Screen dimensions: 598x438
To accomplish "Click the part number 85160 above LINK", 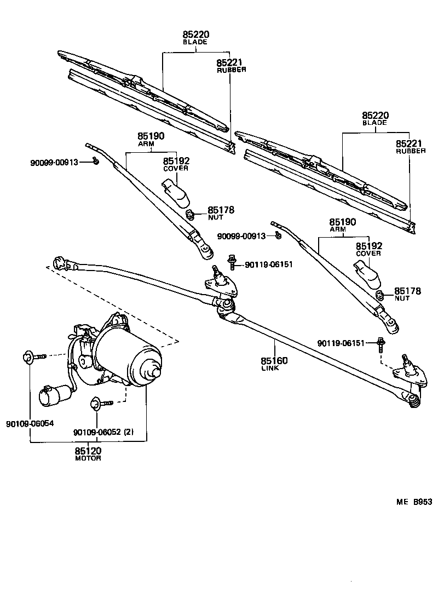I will point(274,361).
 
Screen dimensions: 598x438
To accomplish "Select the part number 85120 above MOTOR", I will point(88,450).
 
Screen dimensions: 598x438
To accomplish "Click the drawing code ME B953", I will point(414,502).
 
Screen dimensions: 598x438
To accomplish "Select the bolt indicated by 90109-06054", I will point(33,358).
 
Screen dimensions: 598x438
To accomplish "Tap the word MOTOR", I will point(88,458).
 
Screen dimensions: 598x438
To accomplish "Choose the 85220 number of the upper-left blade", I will point(196,34).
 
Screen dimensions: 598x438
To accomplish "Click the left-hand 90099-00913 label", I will point(54,163).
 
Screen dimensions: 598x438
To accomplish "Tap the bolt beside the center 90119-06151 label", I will point(232,262).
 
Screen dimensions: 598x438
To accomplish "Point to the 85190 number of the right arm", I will point(343,222).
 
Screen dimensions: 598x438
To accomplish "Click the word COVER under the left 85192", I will point(176,169).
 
